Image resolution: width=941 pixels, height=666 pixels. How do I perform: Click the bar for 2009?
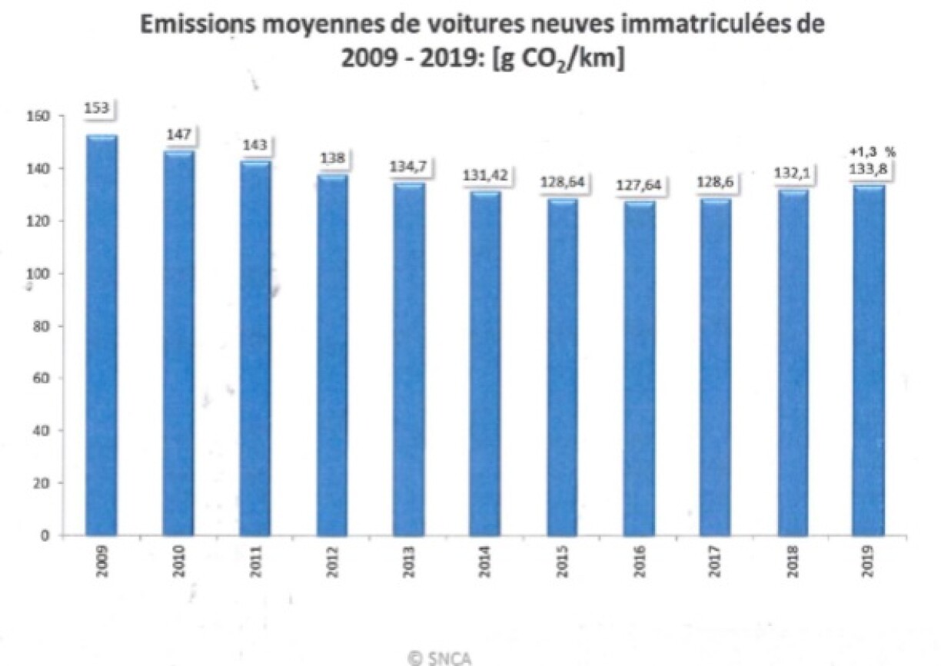pyautogui.click(x=101, y=336)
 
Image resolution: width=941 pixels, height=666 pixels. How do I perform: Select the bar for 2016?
pyautogui.click(x=639, y=369)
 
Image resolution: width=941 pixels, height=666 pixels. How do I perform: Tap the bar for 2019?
pyautogui.click(x=868, y=360)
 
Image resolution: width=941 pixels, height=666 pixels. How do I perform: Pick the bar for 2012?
pyautogui.click(x=332, y=355)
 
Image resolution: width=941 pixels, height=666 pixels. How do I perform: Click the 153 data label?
pyautogui.click(x=97, y=108)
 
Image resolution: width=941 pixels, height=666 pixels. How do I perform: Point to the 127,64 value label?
pyautogui.click(x=639, y=185)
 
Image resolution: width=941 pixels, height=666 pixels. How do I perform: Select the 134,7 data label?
pyautogui.click(x=408, y=167)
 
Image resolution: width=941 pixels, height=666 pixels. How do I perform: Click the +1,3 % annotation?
pyautogui.click(x=873, y=152)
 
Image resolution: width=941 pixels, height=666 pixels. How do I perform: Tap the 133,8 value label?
pyautogui.click(x=868, y=170)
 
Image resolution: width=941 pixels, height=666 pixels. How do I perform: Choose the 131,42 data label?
pyautogui.click(x=485, y=175)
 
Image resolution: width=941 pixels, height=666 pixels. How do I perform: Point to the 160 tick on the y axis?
pyautogui.click(x=38, y=116)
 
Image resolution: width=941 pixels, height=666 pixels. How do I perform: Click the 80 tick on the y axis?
pyautogui.click(x=42, y=326)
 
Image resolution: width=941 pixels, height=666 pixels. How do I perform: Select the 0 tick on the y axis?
pyautogui.click(x=45, y=536)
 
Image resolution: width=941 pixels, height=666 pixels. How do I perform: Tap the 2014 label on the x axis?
pyautogui.click(x=485, y=562)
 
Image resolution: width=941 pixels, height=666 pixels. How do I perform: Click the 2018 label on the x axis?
pyautogui.click(x=793, y=562)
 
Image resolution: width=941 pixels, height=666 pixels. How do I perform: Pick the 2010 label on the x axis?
pyautogui.click(x=179, y=562)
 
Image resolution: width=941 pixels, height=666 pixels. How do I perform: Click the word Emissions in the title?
pyautogui.click(x=198, y=25)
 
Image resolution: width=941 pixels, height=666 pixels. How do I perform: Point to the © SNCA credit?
pyautogui.click(x=440, y=659)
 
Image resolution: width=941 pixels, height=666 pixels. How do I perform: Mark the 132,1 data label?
pyautogui.click(x=792, y=173)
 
